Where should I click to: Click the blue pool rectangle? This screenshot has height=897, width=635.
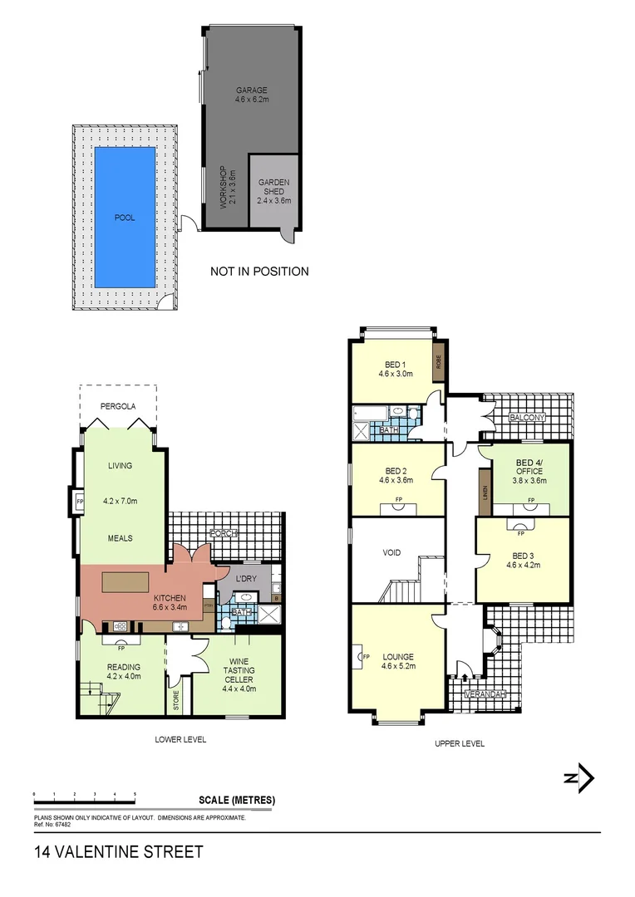pyautogui.click(x=125, y=217)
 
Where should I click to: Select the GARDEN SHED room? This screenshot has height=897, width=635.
pyautogui.click(x=273, y=190)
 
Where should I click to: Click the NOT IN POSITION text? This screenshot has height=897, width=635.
pyautogui.click(x=259, y=271)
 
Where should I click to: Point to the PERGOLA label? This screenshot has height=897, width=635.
pyautogui.click(x=118, y=407)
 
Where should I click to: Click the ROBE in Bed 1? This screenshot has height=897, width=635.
pyautogui.click(x=436, y=363)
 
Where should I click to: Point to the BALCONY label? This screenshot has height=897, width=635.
pyautogui.click(x=527, y=417)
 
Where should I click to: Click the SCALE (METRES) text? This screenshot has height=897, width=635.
pyautogui.click(x=237, y=801)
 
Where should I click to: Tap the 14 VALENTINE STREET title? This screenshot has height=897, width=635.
pyautogui.click(x=118, y=852)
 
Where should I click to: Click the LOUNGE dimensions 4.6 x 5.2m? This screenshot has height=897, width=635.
pyautogui.click(x=398, y=665)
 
